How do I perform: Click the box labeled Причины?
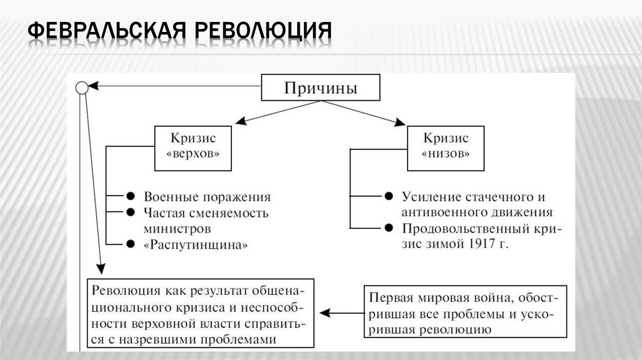pyautogui.click(x=320, y=88)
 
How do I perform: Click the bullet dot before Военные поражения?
pyautogui.click(x=130, y=196)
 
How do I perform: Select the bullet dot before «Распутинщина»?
pyautogui.click(x=130, y=244)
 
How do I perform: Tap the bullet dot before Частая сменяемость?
pyautogui.click(x=130, y=212)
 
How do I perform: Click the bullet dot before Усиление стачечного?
pyautogui.click(x=389, y=196)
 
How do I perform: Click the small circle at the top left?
pyautogui.click(x=82, y=88)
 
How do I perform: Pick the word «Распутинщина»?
pyautogui.click(x=196, y=245)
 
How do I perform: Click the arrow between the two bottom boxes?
pyautogui.click(x=341, y=312)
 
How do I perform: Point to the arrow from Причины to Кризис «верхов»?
pyautogui.click(x=257, y=113)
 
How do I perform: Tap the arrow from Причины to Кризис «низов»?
pyautogui.click(x=382, y=113)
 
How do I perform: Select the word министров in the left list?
pyautogui.click(x=176, y=228)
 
